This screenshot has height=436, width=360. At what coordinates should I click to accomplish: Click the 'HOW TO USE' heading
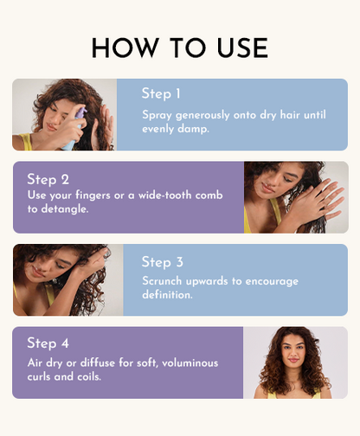tap(180, 48)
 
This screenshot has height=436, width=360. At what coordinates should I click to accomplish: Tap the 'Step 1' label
tap(163, 93)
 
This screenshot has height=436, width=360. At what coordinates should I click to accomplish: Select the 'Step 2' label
tap(48, 179)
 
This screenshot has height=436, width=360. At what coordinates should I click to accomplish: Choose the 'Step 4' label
tap(48, 344)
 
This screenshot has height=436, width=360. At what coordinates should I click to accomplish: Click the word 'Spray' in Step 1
tap(157, 113)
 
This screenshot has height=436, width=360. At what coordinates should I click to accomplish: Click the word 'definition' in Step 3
tap(170, 295)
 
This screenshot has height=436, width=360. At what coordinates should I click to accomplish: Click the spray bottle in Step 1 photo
tap(74, 125)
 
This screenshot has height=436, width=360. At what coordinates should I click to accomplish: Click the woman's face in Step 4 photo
tap(294, 359)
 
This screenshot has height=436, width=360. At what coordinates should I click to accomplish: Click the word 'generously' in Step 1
tap(205, 113)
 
